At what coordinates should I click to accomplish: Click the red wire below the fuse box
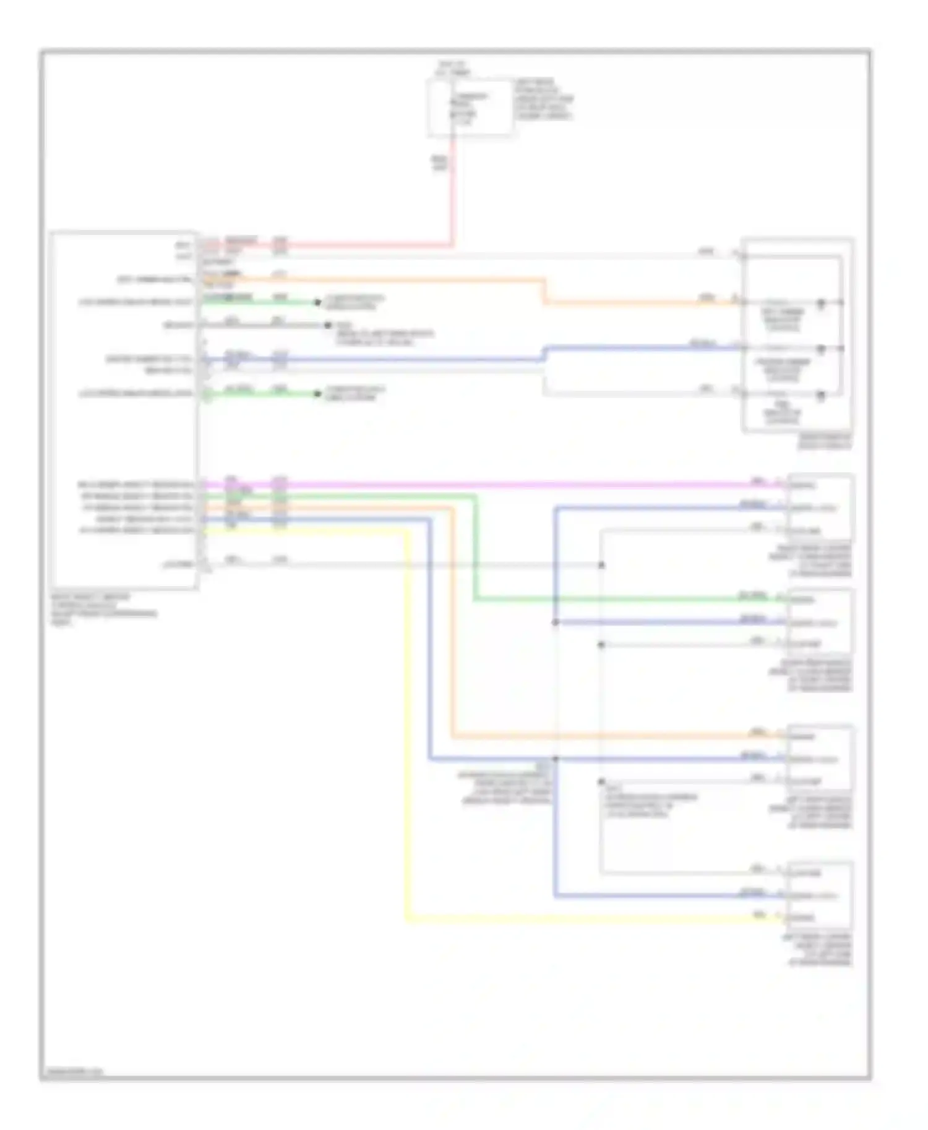coord(453,192)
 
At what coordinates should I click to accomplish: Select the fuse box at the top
coord(470,107)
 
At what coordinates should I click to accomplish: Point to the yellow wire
coord(407,742)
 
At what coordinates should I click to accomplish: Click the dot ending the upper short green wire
coord(318,302)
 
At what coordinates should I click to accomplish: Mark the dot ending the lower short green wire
coord(318,393)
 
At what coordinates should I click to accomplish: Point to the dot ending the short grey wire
coord(329,325)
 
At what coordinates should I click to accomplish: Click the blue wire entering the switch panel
coord(643,349)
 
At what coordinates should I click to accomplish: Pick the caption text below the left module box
coord(102,610)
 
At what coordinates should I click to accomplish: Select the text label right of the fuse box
coord(543,99)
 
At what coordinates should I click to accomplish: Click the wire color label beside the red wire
coord(439,163)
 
